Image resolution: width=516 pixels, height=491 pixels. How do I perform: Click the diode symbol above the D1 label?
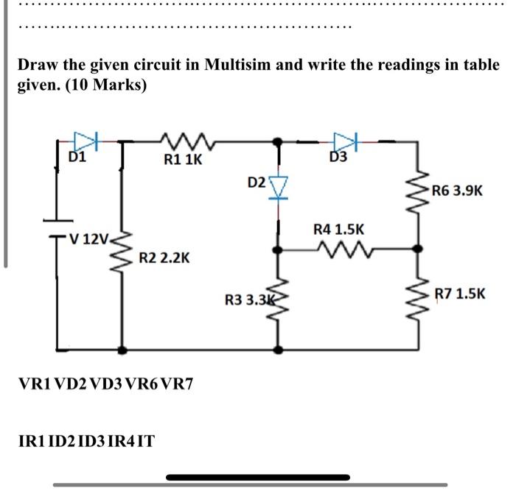(86, 140)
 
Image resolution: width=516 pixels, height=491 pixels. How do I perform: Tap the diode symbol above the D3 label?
(344, 140)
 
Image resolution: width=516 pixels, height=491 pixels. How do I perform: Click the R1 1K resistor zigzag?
(177, 139)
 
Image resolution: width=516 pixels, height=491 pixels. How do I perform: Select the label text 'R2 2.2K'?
(164, 258)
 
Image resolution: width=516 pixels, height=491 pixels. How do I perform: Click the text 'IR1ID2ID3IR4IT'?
(86, 442)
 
